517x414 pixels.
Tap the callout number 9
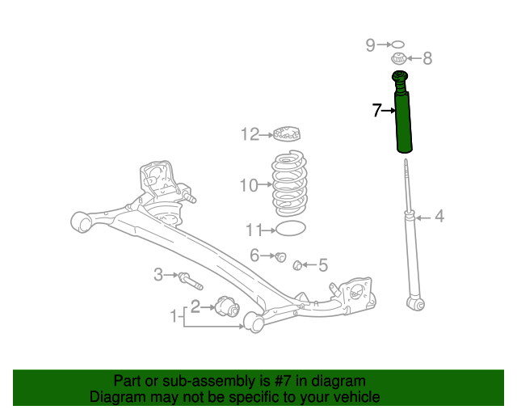370,45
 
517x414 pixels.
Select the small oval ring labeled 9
397,44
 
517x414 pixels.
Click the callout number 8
427,58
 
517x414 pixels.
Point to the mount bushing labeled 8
398,59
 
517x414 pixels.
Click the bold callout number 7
377,110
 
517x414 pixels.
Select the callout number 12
250,134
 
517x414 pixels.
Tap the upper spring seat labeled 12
287,133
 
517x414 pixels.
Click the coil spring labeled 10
289,184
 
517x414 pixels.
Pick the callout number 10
249,185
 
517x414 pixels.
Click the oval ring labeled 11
291,229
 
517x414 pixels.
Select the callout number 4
439,217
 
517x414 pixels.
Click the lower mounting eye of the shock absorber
416,304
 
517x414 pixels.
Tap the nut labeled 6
280,256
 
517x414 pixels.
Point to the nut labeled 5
298,264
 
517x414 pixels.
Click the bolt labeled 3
191,281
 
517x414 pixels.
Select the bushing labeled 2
227,306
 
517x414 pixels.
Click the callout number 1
174,316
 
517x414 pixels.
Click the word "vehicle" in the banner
359,397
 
